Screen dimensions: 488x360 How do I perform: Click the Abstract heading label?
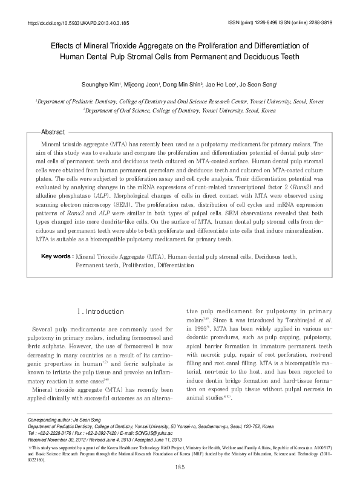(53, 132)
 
